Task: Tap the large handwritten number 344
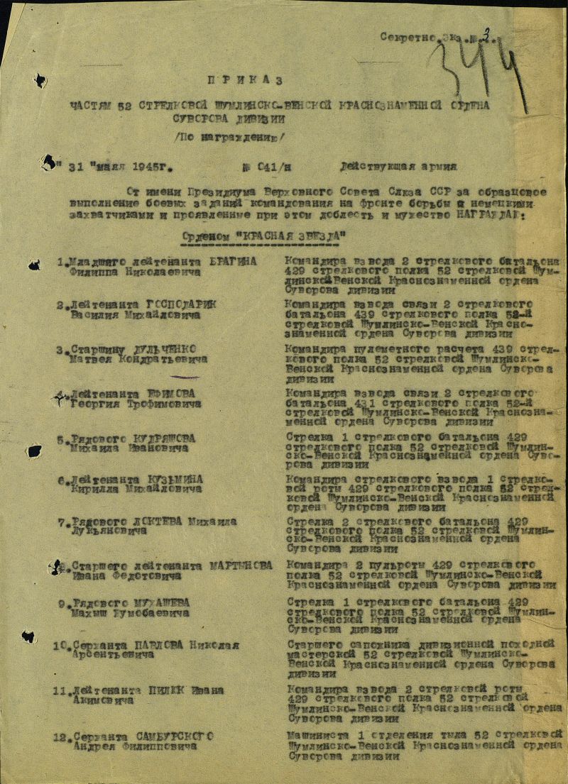483,67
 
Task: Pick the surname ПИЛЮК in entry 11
168,690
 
